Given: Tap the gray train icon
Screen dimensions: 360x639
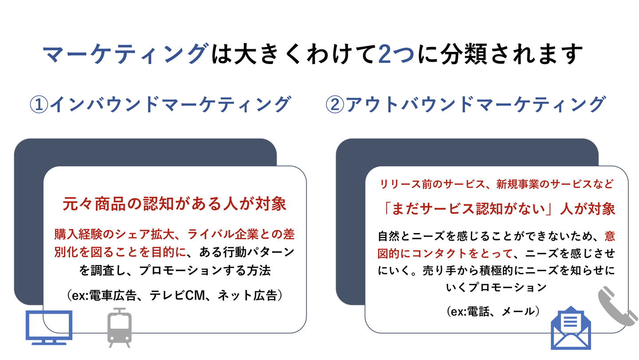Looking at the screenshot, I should point(119,328).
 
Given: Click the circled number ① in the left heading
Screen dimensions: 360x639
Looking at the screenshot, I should point(38,105).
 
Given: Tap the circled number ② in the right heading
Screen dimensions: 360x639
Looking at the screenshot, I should point(335,105).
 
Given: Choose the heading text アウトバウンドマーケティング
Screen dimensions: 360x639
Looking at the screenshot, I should point(475,105).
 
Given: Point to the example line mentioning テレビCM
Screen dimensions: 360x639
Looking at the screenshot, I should point(174,295).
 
